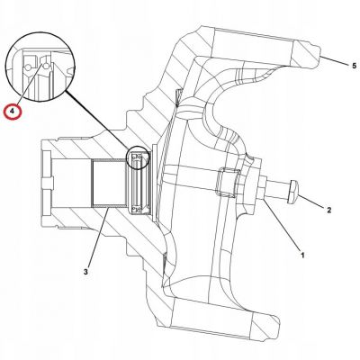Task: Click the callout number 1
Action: click(302, 256)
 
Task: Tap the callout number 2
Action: click(328, 210)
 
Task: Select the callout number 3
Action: click(85, 272)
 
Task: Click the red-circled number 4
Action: click(12, 111)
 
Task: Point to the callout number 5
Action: click(354, 66)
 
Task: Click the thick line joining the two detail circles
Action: click(97, 120)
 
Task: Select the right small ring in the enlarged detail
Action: click(46, 66)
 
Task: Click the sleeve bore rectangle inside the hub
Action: click(108, 184)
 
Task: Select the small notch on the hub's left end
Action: click(48, 184)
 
